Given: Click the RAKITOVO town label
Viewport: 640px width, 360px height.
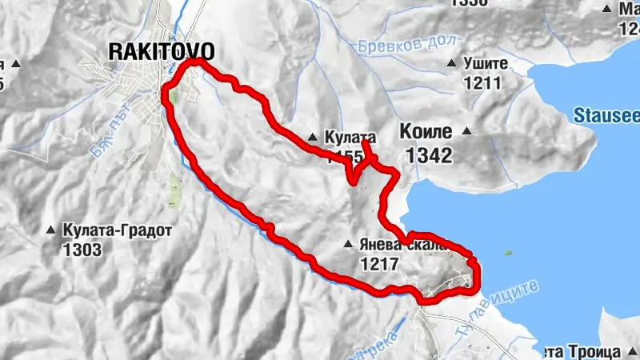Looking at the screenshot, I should pos(161,52).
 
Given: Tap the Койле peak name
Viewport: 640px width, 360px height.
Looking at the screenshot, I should pos(424,131).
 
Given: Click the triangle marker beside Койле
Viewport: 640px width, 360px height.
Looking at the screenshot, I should pos(466,131).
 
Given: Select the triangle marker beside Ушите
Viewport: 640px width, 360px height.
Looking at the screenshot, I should pos(453,63).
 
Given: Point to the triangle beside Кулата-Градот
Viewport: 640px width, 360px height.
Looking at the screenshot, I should pos(52,230).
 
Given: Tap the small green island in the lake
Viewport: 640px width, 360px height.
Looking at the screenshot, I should pos(507,254).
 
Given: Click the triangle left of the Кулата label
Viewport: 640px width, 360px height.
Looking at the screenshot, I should pos(313,137).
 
